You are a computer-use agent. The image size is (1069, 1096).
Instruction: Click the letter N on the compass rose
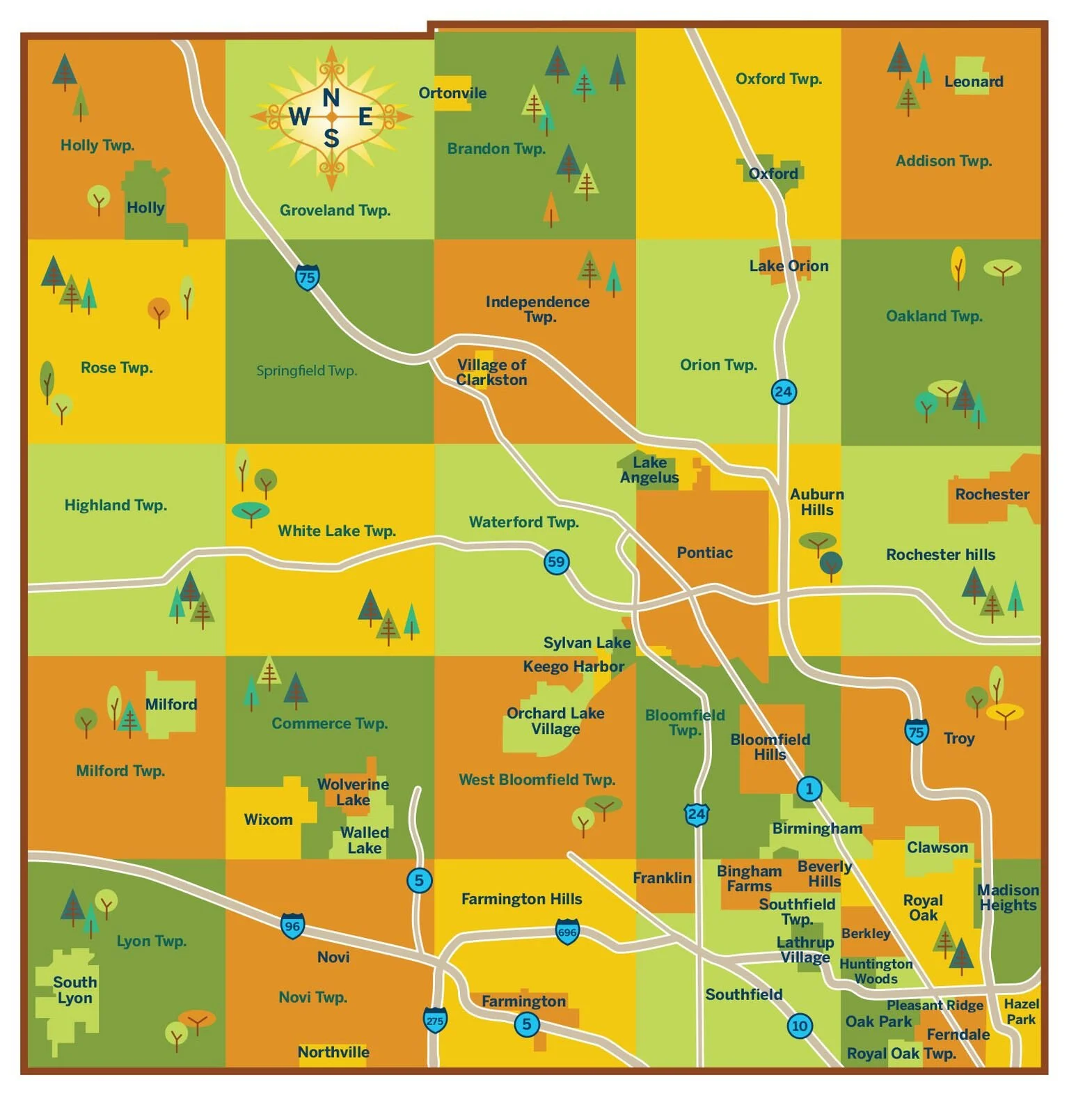pos(331,97)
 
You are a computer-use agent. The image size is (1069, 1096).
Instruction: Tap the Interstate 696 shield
pos(567,932)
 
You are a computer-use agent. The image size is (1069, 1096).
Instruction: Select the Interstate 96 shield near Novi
pos(292,926)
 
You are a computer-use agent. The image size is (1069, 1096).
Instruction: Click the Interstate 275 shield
pos(435,1020)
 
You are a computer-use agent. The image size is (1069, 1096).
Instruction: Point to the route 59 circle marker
pos(556,562)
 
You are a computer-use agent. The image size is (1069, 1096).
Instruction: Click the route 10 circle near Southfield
pos(800,1026)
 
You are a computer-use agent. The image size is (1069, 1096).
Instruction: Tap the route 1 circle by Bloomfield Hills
pos(809,789)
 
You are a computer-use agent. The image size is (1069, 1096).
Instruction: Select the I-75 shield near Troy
pos(917,732)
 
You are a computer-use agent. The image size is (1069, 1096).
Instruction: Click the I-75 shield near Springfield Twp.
pos(307,277)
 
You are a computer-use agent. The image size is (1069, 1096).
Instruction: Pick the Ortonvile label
pos(452,93)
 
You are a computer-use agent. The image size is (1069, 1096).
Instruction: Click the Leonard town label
pos(973,81)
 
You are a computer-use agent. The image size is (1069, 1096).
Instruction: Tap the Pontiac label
pos(704,553)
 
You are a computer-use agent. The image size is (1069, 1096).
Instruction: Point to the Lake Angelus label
pos(649,470)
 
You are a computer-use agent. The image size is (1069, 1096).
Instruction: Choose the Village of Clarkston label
pos(491,373)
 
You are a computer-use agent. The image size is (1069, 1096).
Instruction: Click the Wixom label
pos(268,820)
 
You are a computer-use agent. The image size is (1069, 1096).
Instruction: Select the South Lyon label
pos(74,990)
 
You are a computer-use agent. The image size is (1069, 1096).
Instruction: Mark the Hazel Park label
pos(1021,1012)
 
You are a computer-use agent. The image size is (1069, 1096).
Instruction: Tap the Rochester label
pos(992,494)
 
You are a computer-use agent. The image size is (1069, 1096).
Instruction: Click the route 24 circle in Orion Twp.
pos(784,391)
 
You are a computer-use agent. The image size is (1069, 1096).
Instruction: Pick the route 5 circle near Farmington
pos(527,1024)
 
